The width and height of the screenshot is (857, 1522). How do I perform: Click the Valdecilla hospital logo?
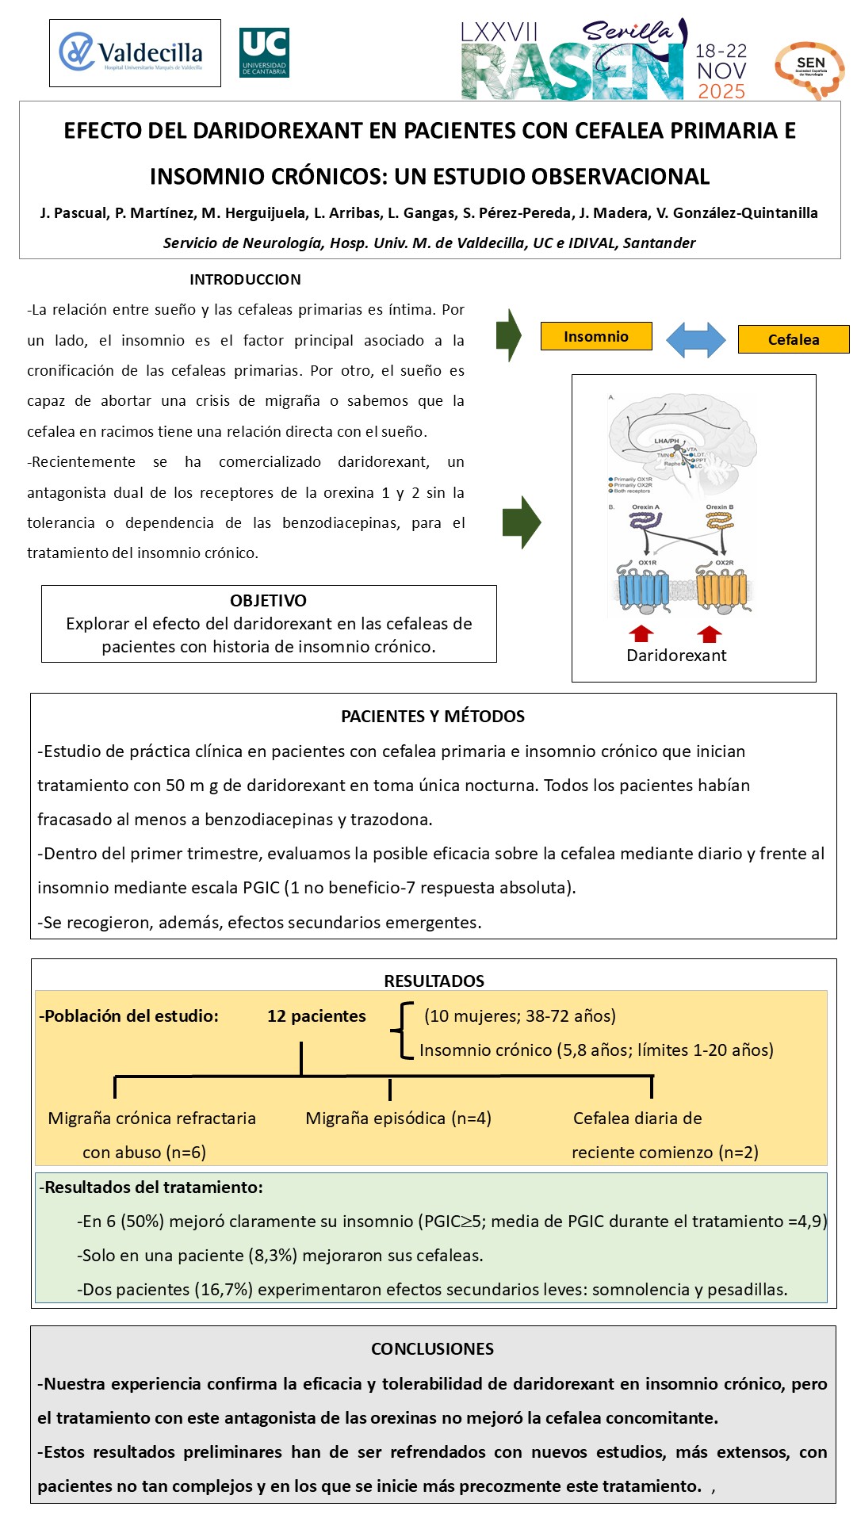click(x=135, y=53)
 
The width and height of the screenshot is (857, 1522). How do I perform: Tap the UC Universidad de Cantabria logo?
click(x=264, y=53)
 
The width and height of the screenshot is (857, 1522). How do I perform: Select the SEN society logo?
click(x=809, y=70)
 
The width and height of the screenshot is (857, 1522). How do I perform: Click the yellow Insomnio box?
click(x=596, y=336)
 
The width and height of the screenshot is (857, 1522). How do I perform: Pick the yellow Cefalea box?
click(x=793, y=339)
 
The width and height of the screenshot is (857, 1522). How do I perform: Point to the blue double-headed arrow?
click(x=695, y=340)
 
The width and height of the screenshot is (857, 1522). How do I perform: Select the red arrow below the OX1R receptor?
click(x=641, y=633)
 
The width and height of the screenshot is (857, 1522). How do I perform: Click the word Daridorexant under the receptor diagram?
click(x=676, y=656)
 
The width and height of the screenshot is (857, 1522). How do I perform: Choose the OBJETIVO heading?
click(x=268, y=601)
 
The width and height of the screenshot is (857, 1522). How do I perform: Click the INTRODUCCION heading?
click(x=245, y=279)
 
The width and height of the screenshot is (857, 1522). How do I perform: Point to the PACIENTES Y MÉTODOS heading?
click(x=433, y=717)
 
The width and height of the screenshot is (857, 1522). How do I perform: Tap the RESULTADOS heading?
click(x=434, y=981)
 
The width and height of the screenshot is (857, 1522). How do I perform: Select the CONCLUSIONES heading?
click(x=433, y=1348)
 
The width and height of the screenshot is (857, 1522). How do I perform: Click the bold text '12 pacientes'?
click(x=316, y=1016)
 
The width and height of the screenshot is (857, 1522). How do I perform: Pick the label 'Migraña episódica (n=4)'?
click(x=398, y=1119)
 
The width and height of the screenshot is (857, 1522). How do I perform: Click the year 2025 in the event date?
click(x=721, y=91)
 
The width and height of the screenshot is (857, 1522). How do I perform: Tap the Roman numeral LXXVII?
click(x=499, y=33)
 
